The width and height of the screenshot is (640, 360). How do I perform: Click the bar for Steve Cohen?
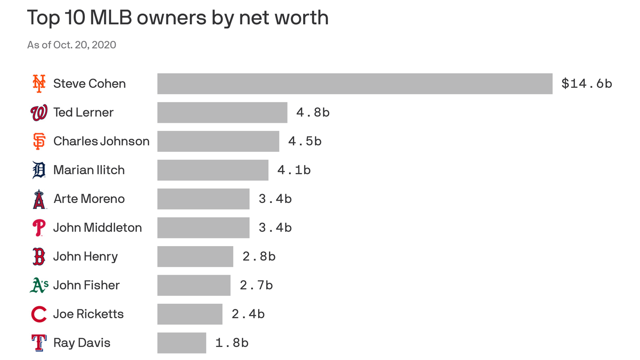click(x=355, y=83)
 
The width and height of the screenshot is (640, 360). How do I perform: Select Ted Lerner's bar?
click(x=222, y=112)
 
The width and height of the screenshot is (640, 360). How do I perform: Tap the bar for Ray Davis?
click(x=182, y=343)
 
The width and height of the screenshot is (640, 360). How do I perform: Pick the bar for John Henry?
click(x=195, y=256)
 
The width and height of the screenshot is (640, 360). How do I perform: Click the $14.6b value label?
click(x=587, y=83)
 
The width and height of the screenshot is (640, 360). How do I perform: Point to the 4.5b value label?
click(x=305, y=141)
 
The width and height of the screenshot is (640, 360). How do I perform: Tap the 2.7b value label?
click(x=256, y=285)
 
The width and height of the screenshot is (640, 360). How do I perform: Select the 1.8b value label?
click(x=231, y=343)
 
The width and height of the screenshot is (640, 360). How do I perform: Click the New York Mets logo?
click(x=39, y=83)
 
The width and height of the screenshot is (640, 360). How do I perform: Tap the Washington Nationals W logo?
click(x=39, y=112)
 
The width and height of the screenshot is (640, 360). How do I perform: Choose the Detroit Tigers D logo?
click(x=39, y=170)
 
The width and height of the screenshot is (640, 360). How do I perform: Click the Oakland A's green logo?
click(x=39, y=285)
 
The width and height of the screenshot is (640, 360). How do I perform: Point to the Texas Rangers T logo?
click(x=39, y=343)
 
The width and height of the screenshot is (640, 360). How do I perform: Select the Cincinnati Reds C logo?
click(x=39, y=314)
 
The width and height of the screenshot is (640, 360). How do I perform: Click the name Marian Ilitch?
click(x=89, y=170)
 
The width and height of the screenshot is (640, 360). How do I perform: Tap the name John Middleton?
click(x=97, y=227)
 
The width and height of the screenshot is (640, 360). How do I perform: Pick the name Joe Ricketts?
click(x=89, y=314)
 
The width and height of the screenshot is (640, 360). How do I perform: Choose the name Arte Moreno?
click(x=89, y=199)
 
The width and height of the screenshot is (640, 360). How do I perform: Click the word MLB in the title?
click(x=111, y=18)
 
